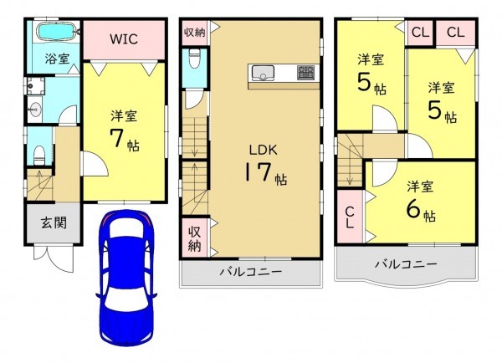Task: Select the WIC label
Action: [x=123, y=39]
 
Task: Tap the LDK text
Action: [x=259, y=151]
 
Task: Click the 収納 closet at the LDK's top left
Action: [x=192, y=33]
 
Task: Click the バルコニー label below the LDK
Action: [x=251, y=273]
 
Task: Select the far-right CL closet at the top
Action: [x=455, y=33]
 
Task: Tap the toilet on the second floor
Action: [x=194, y=62]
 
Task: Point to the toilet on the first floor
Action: [x=39, y=154]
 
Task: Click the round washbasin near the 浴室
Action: [x=36, y=109]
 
